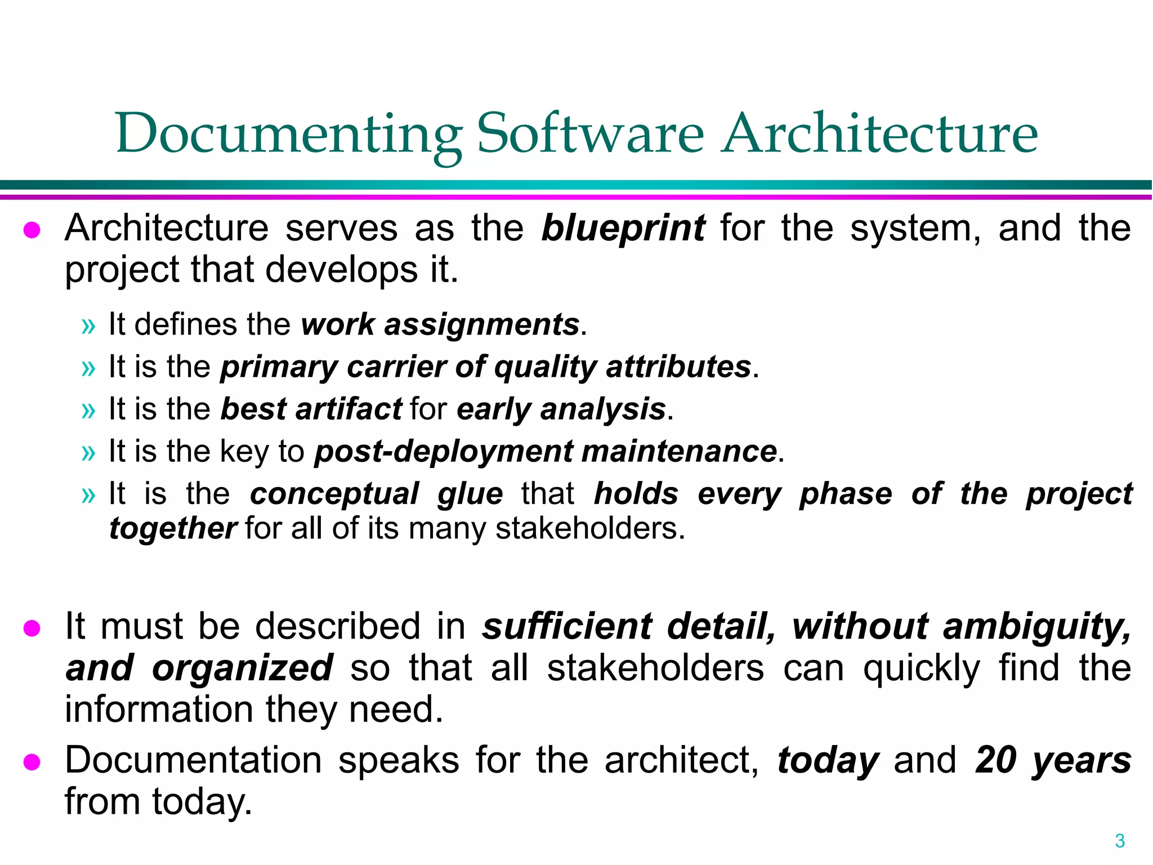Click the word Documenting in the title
(288, 134)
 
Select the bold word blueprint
(623, 229)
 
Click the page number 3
(1120, 841)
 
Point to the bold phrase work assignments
(440, 325)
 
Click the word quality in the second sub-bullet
(545, 367)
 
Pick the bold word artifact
(348, 409)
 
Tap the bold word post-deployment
(444, 452)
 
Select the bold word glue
(470, 494)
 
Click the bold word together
(173, 529)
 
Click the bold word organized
(243, 668)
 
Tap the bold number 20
(996, 760)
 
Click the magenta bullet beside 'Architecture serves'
(32, 230)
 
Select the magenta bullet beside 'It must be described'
(32, 628)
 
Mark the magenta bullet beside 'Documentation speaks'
(32, 762)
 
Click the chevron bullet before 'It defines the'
(88, 326)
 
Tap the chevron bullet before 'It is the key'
(88, 453)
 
